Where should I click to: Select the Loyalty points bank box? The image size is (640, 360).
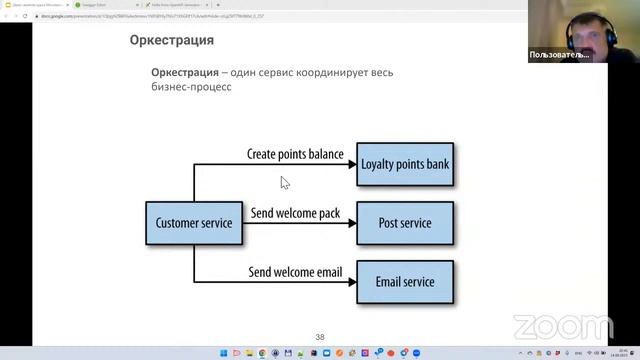coord(405,164)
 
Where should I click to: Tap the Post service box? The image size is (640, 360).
coord(405,223)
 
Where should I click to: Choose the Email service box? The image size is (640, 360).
coord(405,282)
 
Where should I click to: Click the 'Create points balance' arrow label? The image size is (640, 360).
coord(295,155)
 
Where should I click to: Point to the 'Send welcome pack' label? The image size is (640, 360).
coord(296,214)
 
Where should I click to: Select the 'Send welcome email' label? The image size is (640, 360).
coord(296,273)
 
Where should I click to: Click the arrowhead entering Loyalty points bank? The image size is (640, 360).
coord(351,164)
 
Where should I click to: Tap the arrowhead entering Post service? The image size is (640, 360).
coord(351,223)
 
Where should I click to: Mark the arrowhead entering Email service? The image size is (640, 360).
coord(351,282)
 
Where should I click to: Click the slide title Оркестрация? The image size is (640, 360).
coord(172,41)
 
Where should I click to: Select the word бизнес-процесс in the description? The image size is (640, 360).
coord(191,88)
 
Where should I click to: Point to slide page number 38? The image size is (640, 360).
coord(320,337)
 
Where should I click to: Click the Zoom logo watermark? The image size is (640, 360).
coord(564,327)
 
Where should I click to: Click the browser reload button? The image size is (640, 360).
coord(27,16)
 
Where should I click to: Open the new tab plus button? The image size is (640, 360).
coord(218,5)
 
